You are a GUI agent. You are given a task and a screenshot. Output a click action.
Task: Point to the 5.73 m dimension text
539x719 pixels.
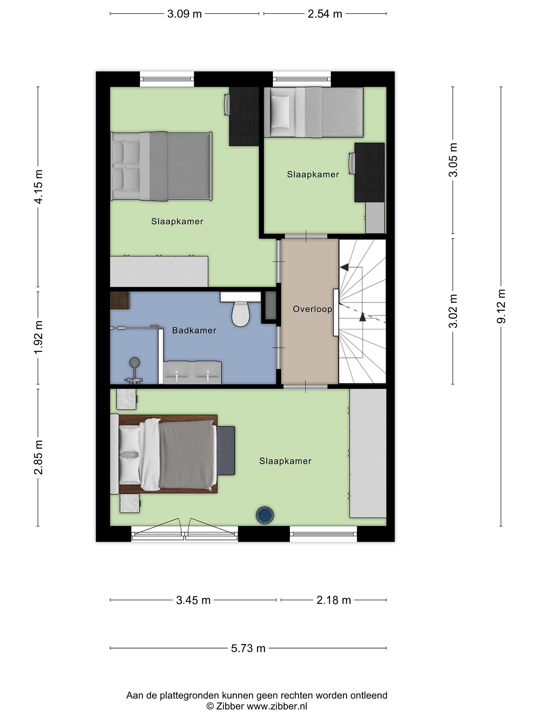click(248, 648)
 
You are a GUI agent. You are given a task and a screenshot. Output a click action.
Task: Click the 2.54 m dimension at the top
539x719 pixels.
click(325, 14)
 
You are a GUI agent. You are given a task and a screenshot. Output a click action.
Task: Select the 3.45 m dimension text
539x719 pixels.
click(193, 600)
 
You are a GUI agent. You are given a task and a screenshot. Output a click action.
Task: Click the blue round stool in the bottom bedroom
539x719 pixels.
click(265, 515)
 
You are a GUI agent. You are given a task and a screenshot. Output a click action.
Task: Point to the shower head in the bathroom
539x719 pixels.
click(134, 362)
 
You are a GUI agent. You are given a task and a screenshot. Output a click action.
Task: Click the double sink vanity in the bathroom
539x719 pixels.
click(192, 372)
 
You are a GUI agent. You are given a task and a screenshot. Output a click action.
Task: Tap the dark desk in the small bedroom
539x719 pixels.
click(369, 172)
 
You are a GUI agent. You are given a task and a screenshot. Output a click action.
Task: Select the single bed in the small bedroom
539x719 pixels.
click(313, 112)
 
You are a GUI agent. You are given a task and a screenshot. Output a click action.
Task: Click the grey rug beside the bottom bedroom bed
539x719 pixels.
click(226, 451)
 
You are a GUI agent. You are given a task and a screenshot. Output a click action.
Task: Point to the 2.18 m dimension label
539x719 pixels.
click(334, 600)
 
